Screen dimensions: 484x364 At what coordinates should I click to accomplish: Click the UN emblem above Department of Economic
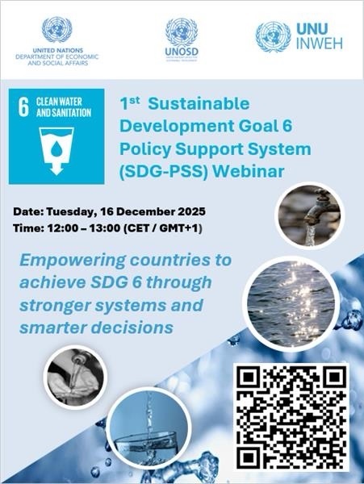tap(56, 30)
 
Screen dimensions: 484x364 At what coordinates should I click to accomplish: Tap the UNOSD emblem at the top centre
tap(182, 32)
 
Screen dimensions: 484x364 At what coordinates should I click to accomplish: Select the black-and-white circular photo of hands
tap(77, 376)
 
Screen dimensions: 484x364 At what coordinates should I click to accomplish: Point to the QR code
tap(291, 419)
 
